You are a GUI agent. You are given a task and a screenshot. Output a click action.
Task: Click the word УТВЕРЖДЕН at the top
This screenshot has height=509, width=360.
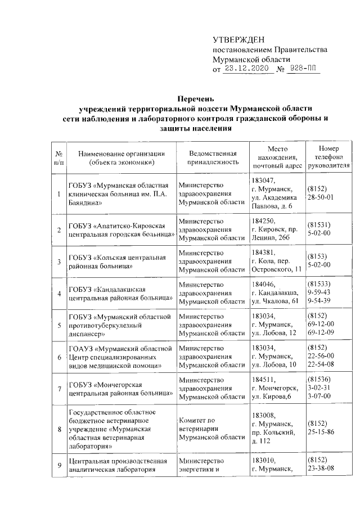click(x=237, y=39)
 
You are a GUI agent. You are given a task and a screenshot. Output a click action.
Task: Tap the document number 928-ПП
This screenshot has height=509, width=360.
click(x=304, y=69)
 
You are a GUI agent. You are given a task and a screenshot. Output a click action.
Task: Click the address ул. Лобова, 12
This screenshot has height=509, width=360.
click(x=273, y=334)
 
